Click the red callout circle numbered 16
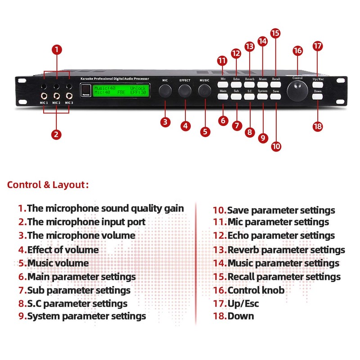tap(297, 51)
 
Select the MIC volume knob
tap(165, 91)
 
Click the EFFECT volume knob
tap(185, 91)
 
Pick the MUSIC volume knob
tap(205, 91)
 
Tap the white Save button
tap(276, 95)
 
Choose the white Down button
tap(318, 95)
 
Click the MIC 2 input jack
tap(56, 95)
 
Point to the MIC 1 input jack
tap(44, 95)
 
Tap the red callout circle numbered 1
tap(56, 49)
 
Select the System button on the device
tap(263, 95)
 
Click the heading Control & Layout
tap(48, 184)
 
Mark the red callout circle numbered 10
tap(276, 146)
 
